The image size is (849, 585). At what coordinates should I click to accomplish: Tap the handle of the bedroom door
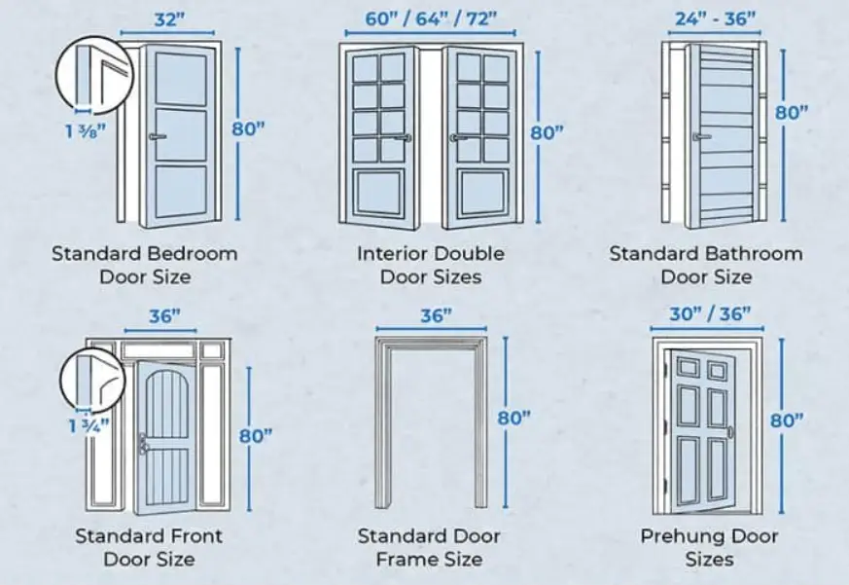(154, 137)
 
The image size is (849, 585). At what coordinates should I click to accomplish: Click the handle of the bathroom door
(697, 137)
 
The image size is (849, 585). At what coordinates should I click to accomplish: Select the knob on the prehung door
(729, 431)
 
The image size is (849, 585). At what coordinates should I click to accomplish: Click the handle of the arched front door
(144, 443)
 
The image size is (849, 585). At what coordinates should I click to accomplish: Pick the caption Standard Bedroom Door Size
(144, 265)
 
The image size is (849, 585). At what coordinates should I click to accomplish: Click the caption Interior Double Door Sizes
(430, 265)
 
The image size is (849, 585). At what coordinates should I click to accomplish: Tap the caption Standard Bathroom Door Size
(706, 265)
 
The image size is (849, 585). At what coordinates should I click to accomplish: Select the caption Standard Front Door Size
(148, 547)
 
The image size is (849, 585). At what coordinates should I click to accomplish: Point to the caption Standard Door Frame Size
(429, 547)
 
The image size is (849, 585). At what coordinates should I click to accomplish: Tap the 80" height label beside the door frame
(513, 418)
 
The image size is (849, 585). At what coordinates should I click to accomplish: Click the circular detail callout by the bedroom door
(88, 72)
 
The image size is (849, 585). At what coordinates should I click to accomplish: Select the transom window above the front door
(157, 349)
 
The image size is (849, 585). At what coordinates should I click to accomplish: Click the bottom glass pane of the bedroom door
(180, 192)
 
